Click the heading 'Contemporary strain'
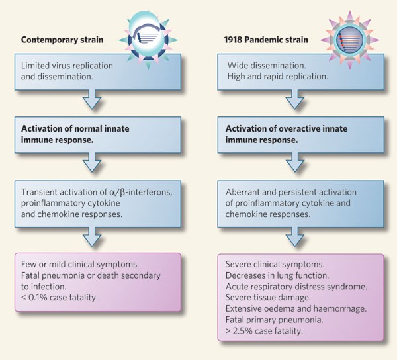point(62,39)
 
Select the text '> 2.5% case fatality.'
point(263,328)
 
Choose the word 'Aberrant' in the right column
point(245,193)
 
